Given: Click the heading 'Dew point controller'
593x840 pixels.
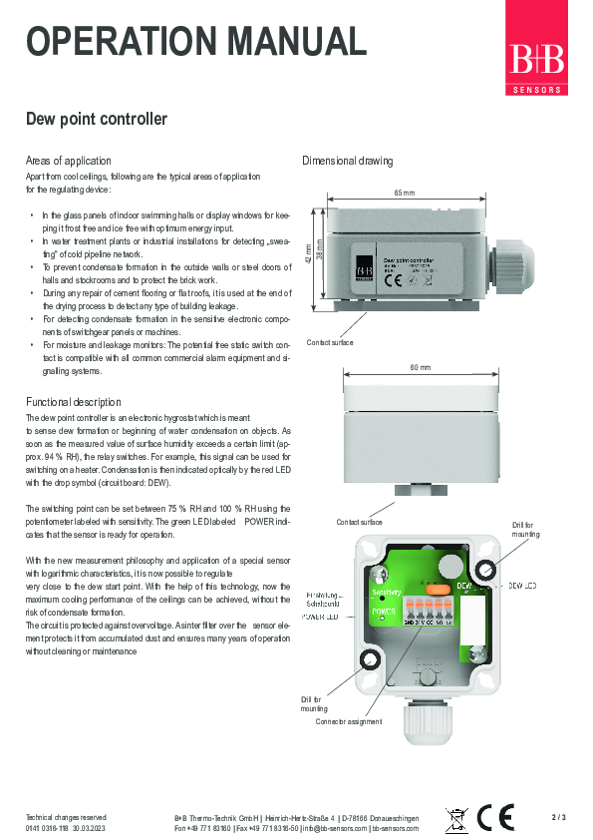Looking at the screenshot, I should click(96, 120).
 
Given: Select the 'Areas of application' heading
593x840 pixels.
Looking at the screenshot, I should click(68, 161).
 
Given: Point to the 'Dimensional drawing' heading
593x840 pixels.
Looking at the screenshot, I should click(347, 161).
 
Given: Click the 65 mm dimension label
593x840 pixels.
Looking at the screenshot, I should click(404, 193).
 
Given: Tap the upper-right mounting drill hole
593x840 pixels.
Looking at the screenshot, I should click(485, 570).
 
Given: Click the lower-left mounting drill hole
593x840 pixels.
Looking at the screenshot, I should click(369, 660).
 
